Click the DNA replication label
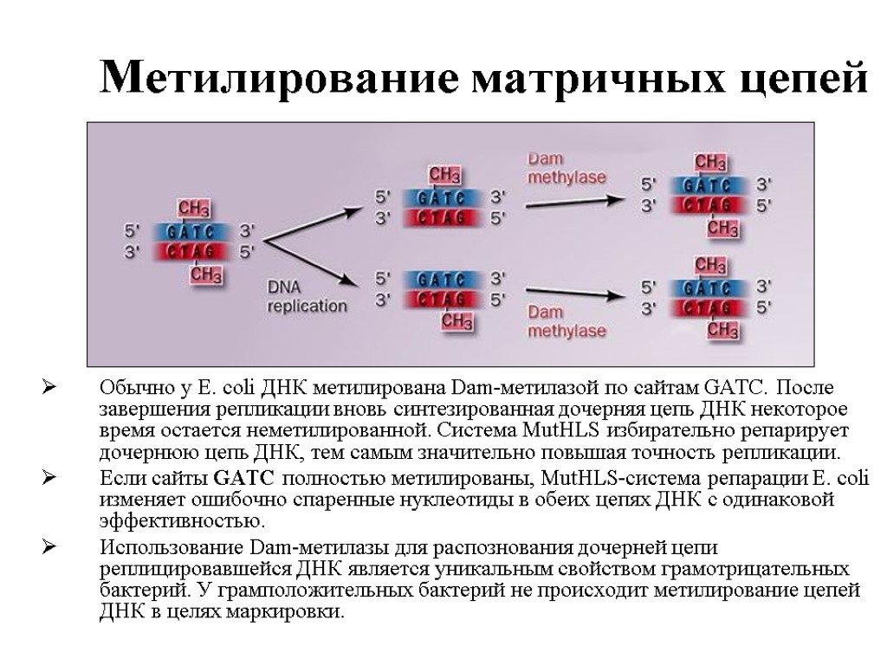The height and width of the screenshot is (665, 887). (x=307, y=297)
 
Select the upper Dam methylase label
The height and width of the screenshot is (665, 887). (x=567, y=168)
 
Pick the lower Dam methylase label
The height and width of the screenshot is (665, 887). (x=567, y=321)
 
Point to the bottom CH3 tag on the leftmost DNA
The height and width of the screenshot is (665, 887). (x=205, y=275)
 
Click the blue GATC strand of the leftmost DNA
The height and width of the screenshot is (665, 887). (x=194, y=232)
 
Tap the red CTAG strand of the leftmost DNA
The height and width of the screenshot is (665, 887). (x=194, y=252)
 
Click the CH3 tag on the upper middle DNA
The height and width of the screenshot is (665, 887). (x=444, y=175)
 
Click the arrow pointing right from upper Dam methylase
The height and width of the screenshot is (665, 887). (x=576, y=200)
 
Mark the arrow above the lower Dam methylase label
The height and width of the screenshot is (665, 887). (x=576, y=291)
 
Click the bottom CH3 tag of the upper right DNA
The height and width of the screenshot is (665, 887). (x=721, y=228)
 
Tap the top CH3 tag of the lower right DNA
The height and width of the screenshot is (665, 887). (x=710, y=265)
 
